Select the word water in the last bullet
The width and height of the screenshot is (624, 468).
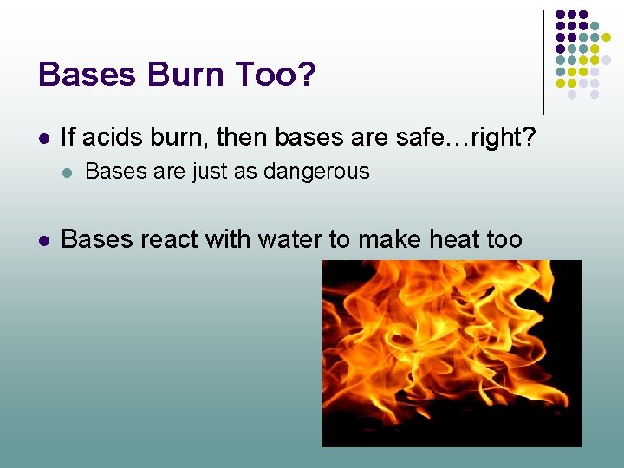pyautogui.click(x=279, y=238)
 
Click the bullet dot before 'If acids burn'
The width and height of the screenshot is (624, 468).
pyautogui.click(x=43, y=138)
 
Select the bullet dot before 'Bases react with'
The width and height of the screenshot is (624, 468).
pyautogui.click(x=43, y=239)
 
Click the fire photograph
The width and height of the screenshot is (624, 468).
pyautogui.click(x=452, y=353)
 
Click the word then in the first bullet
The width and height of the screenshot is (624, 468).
pyautogui.click(x=241, y=136)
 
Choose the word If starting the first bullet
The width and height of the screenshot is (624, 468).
pyautogui.click(x=68, y=136)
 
